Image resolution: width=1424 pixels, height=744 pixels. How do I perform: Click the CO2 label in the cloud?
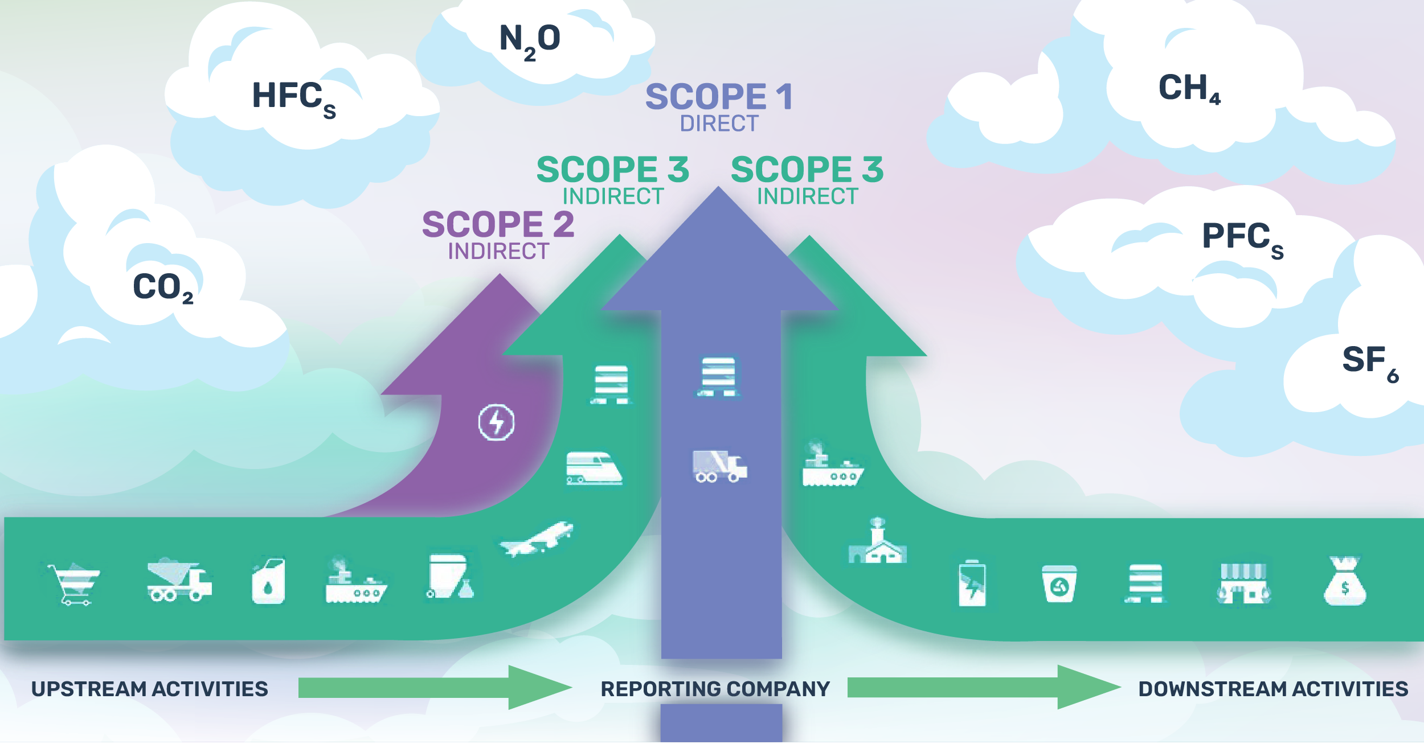162,287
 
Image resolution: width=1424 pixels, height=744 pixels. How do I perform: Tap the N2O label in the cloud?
530,40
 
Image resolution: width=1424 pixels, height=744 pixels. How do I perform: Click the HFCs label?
293,97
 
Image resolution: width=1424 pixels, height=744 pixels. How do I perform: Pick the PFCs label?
1242,237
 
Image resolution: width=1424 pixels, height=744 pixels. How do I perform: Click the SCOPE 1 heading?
718,97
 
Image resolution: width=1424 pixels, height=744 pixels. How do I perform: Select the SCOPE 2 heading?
498,224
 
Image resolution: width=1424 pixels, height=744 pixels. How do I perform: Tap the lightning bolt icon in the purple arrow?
496,422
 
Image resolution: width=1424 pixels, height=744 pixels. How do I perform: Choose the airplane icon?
537,539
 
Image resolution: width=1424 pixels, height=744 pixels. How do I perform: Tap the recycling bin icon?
1059,584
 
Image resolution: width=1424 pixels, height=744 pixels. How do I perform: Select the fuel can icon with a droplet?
268,581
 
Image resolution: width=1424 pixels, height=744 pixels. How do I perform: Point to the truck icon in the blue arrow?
719,466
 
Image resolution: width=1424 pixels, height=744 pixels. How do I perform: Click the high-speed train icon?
594,468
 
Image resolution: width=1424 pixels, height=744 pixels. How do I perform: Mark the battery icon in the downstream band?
972,583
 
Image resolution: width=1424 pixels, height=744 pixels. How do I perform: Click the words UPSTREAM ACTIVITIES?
149,689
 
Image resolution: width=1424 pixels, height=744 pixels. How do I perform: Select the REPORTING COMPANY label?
715,689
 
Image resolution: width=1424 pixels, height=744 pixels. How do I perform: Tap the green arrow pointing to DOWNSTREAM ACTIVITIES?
983,688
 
